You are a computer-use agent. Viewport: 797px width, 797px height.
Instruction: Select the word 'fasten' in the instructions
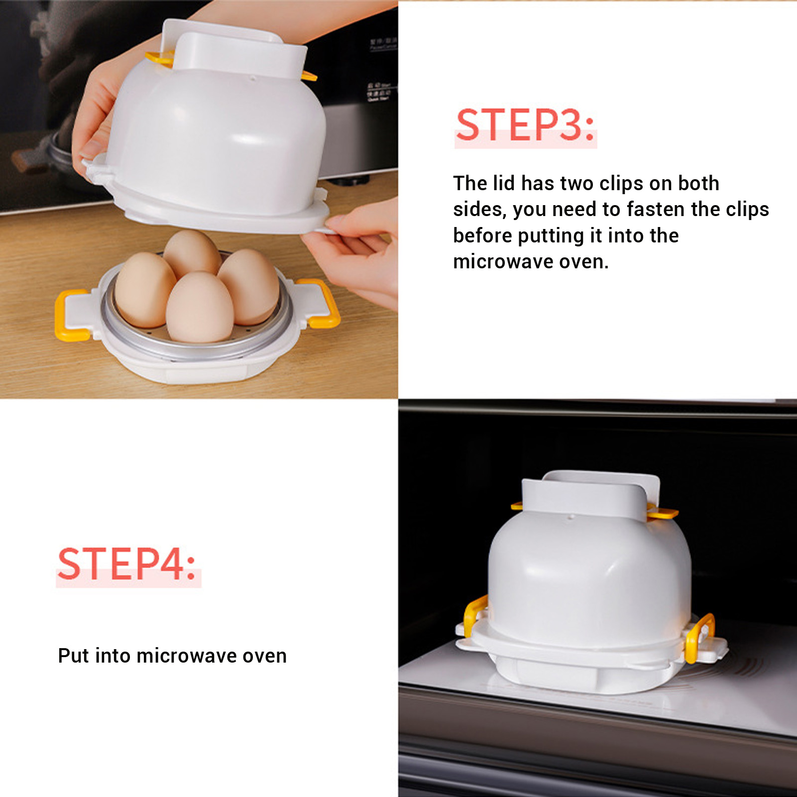point(656,209)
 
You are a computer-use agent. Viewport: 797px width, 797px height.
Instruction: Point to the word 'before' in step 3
point(482,235)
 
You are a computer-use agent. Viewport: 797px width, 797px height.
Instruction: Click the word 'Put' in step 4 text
point(74,656)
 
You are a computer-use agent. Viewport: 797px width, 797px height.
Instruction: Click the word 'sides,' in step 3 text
point(480,210)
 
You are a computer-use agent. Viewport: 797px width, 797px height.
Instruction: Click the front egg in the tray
point(199,307)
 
